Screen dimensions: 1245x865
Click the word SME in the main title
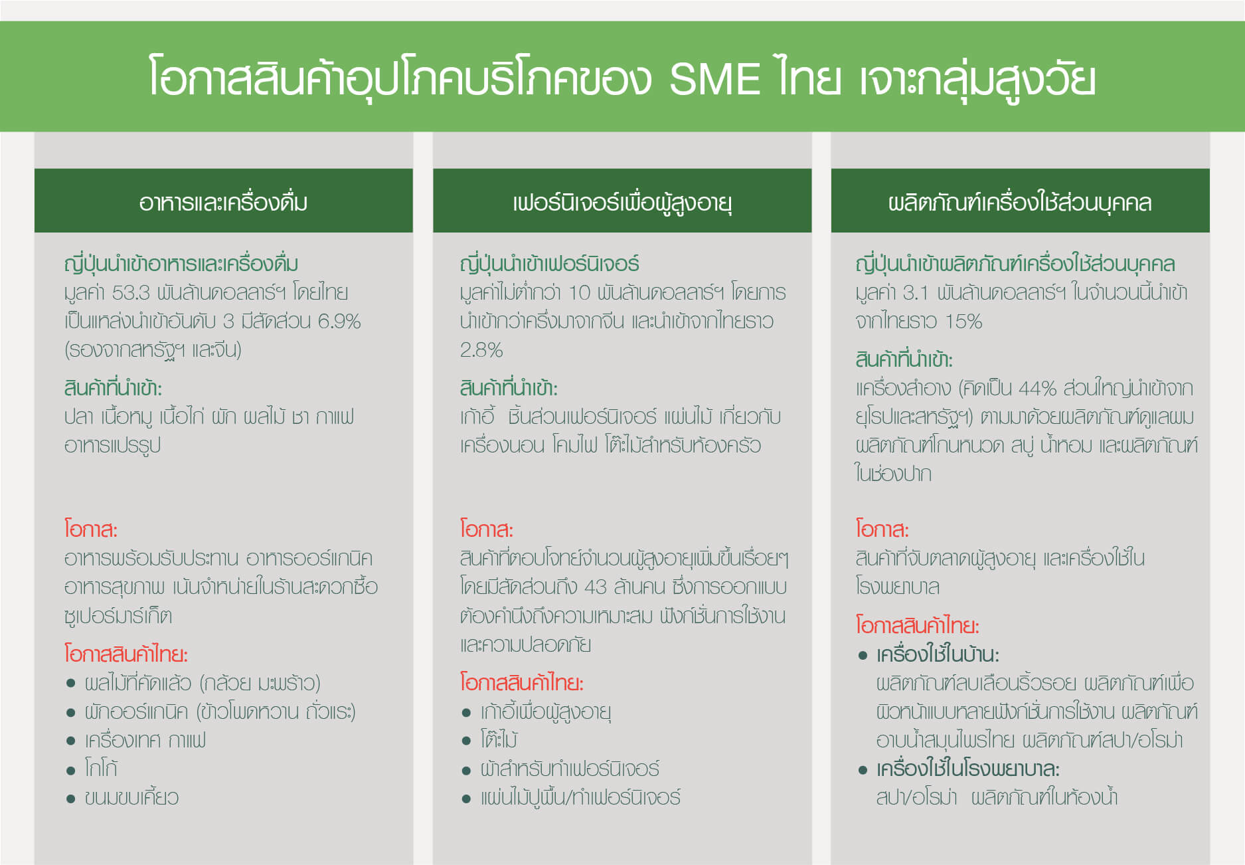pyautogui.click(x=714, y=79)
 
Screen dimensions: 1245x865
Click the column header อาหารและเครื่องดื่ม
pyautogui.click(x=223, y=202)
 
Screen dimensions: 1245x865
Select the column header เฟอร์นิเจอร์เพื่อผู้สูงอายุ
pyautogui.click(x=622, y=202)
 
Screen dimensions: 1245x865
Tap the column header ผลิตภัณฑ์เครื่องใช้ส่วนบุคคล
pyautogui.click(x=1020, y=202)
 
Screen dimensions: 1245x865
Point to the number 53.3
pyautogui.click(x=131, y=293)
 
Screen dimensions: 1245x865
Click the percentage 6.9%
pyautogui.click(x=339, y=322)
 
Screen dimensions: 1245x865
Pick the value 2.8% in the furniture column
pyautogui.click(x=481, y=350)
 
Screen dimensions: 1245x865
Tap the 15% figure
pyautogui.click(x=963, y=322)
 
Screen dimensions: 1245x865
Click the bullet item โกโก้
pyautogui.click(x=101, y=769)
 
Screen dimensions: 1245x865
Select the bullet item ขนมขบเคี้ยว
pyautogui.click(x=131, y=797)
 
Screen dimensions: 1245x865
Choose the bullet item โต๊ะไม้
pyautogui.click(x=499, y=739)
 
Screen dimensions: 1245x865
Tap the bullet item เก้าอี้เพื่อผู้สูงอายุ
pyautogui.click(x=546, y=712)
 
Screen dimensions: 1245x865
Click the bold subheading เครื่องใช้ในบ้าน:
pyautogui.click(x=938, y=655)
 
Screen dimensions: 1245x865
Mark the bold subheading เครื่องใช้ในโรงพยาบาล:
pyautogui.click(x=967, y=769)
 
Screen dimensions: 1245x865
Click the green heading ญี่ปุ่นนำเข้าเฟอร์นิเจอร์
pyautogui.click(x=549, y=264)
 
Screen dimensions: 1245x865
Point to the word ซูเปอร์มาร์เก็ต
pyautogui.click(x=118, y=616)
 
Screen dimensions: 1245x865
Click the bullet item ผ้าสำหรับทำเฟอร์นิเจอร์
pyautogui.click(x=570, y=769)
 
